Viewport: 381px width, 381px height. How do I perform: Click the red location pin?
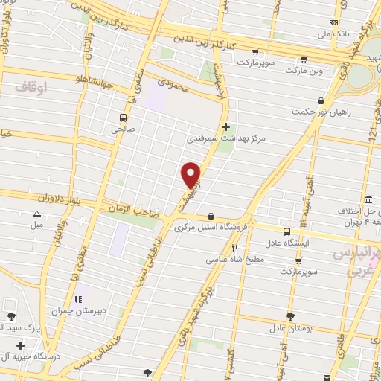click(191, 176)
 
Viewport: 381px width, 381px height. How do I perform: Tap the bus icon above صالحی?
click(124, 117)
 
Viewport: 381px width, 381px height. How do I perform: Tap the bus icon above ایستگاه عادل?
click(287, 231)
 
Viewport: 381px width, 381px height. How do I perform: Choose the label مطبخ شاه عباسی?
click(234, 260)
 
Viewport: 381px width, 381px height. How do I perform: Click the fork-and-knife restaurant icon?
click(234, 249)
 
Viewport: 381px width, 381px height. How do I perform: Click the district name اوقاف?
click(31, 87)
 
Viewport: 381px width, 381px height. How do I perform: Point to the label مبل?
click(37, 224)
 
